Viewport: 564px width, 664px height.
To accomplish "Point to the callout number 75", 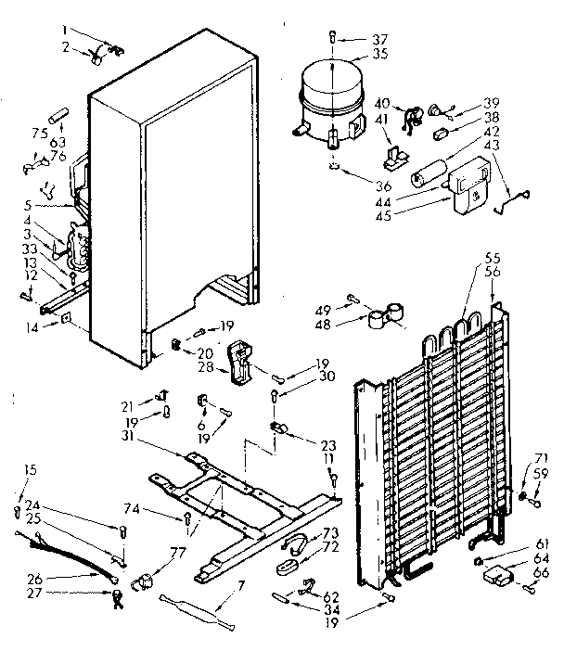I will [x=38, y=133].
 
